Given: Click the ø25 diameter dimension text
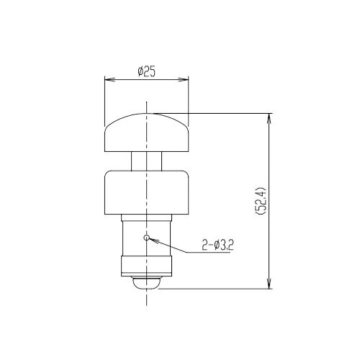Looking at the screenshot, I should point(147,72).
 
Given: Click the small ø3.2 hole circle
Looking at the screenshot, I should point(147,237).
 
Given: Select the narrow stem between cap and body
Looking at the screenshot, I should point(147,161).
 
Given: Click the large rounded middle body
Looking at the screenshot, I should point(147,193).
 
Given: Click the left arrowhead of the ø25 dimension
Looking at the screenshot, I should point(108,79).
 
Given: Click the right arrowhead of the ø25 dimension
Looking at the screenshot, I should point(185,79).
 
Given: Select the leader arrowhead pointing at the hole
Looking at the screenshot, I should point(152,239).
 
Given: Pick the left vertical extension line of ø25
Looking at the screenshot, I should point(105,101).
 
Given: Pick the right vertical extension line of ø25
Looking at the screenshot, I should point(189,101).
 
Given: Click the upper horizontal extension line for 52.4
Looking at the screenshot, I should point(216,112).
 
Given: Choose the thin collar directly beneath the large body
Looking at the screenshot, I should point(147,219).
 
